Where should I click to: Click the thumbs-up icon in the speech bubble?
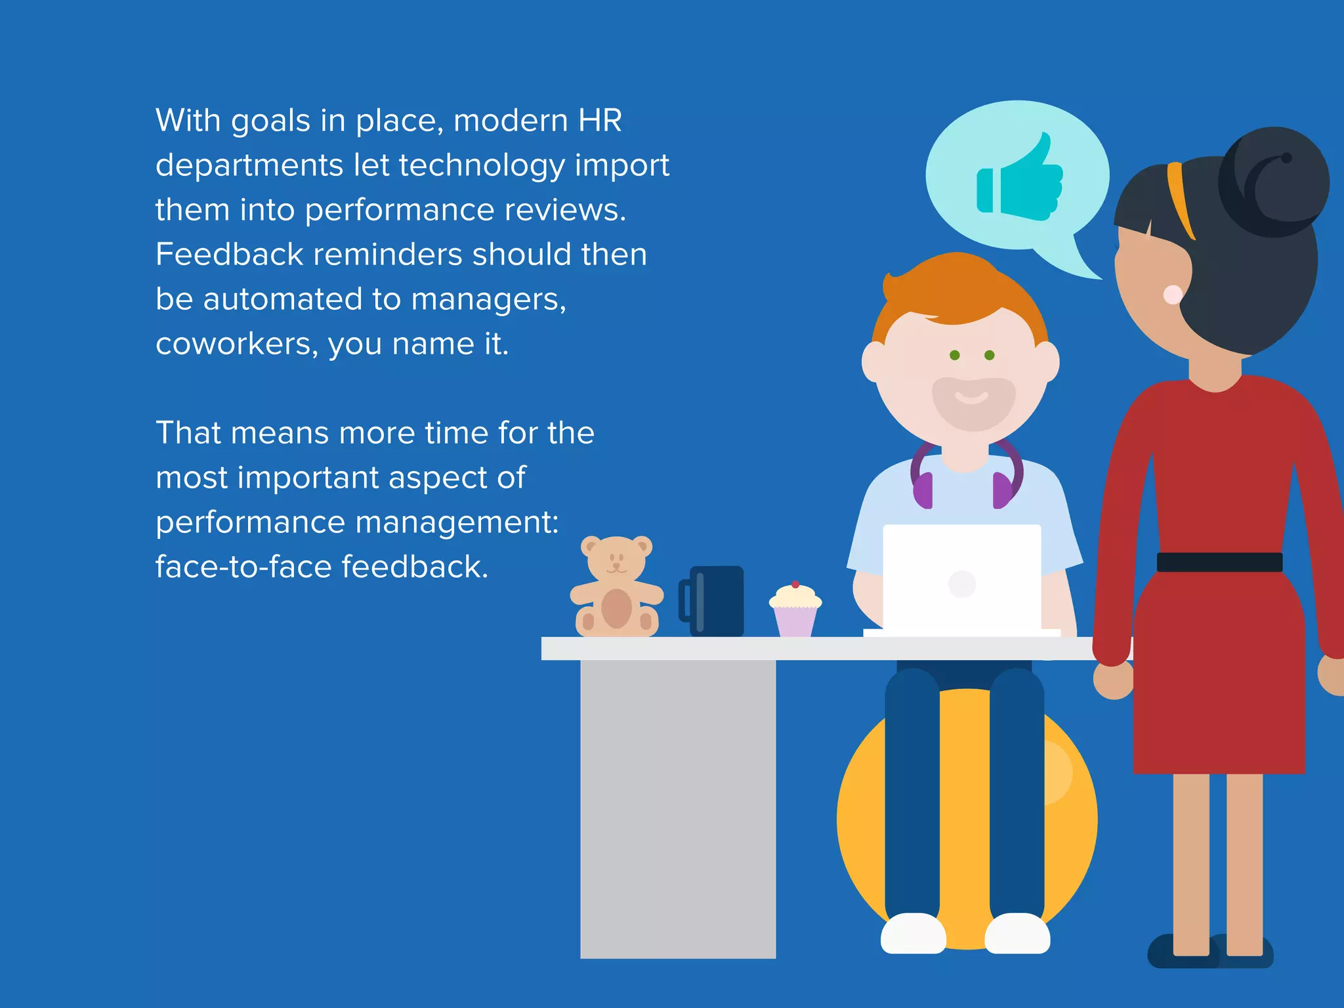coord(1020,180)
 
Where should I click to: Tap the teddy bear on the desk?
coord(616,587)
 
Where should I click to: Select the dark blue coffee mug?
coord(715,601)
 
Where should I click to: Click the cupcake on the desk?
coord(795,610)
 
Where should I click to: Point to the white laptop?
coord(961,577)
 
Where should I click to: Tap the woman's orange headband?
coord(1181,197)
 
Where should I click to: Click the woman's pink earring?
coord(1173,295)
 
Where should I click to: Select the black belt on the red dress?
coord(1219,562)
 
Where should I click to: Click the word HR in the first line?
coord(600,121)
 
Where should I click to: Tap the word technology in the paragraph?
coord(482,165)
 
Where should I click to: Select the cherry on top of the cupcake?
coord(795,584)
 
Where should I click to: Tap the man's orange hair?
coord(958,289)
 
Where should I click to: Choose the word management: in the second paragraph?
coord(457,523)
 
